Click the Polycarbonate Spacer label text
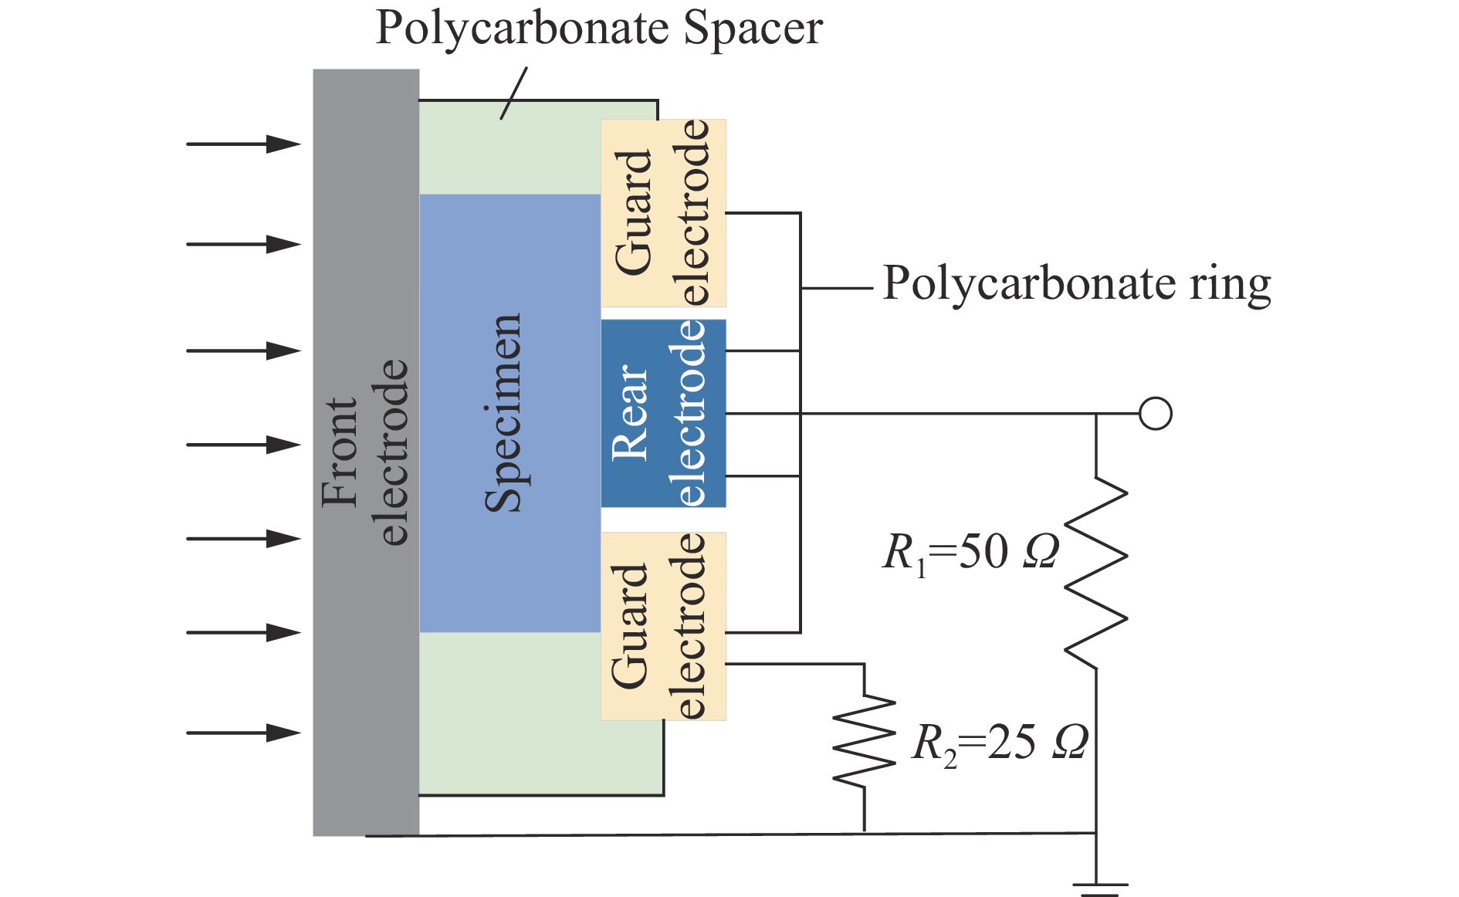pos(598,29)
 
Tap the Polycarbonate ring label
pos(1076,284)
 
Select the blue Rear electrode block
pos(663,413)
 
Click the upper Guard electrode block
pos(663,213)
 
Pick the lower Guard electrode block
pos(663,626)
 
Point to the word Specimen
pos(503,413)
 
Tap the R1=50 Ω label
pos(970,553)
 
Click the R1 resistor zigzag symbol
pos(1096,571)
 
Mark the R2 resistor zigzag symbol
pos(864,741)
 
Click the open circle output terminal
pos(1155,414)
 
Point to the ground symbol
pos(1096,888)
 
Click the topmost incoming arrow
pos(243,144)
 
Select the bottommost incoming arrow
pos(243,733)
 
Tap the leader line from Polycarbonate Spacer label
pos(513,93)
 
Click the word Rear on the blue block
pos(629,413)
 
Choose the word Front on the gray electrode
pos(340,452)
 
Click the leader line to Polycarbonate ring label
pos(837,288)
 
